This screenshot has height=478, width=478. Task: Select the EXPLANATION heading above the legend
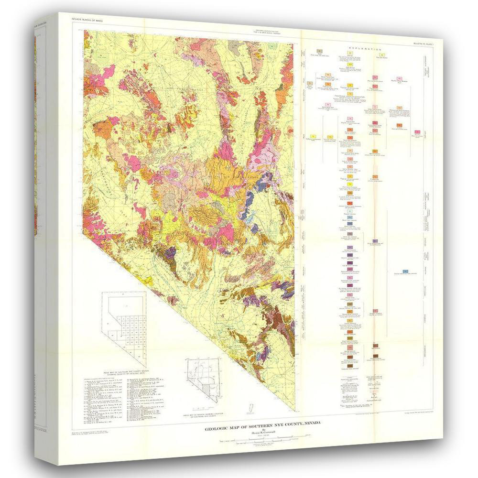click(365, 49)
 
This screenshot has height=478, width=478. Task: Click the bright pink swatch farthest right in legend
click(417, 132)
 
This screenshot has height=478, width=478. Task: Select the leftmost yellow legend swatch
click(313, 137)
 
